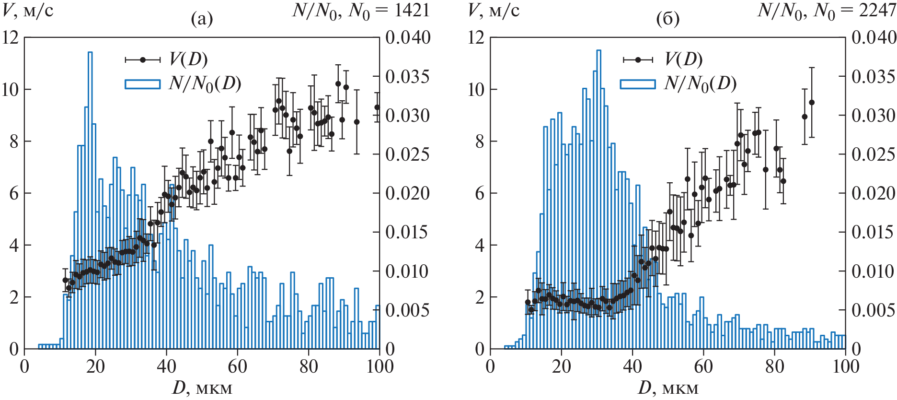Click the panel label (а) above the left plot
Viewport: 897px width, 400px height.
click(x=202, y=19)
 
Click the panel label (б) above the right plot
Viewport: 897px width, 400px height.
click(x=667, y=19)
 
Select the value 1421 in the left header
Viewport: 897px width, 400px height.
click(x=412, y=10)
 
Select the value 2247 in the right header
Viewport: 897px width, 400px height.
click(x=877, y=10)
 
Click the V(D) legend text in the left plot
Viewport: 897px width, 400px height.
click(x=188, y=59)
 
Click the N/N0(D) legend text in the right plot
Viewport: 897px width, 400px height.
click(x=700, y=83)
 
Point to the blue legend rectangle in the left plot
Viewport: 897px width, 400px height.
click(x=142, y=84)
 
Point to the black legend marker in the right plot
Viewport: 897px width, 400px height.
click(x=638, y=59)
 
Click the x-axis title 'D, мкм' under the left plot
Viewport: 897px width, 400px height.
click(x=202, y=388)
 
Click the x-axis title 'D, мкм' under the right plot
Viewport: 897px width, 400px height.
click(x=668, y=388)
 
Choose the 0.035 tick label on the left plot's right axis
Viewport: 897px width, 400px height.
click(x=407, y=77)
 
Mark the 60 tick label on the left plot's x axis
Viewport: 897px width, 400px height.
click(x=237, y=367)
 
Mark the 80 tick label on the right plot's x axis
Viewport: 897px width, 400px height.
click(x=774, y=367)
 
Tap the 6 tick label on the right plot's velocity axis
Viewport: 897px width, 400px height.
click(x=480, y=194)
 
